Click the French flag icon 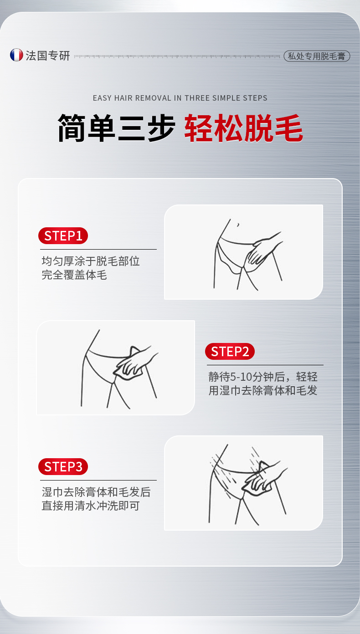16,55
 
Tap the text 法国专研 48,56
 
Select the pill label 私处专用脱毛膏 317,56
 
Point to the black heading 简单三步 116,128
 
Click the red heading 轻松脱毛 244,128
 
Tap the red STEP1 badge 63,235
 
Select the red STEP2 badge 230,352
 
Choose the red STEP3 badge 63,466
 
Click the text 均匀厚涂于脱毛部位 91,261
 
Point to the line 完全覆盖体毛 74,275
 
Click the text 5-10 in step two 241,377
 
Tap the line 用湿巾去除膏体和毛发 263,391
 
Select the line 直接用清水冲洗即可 91,506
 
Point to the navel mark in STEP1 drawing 238,225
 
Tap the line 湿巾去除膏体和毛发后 96,492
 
